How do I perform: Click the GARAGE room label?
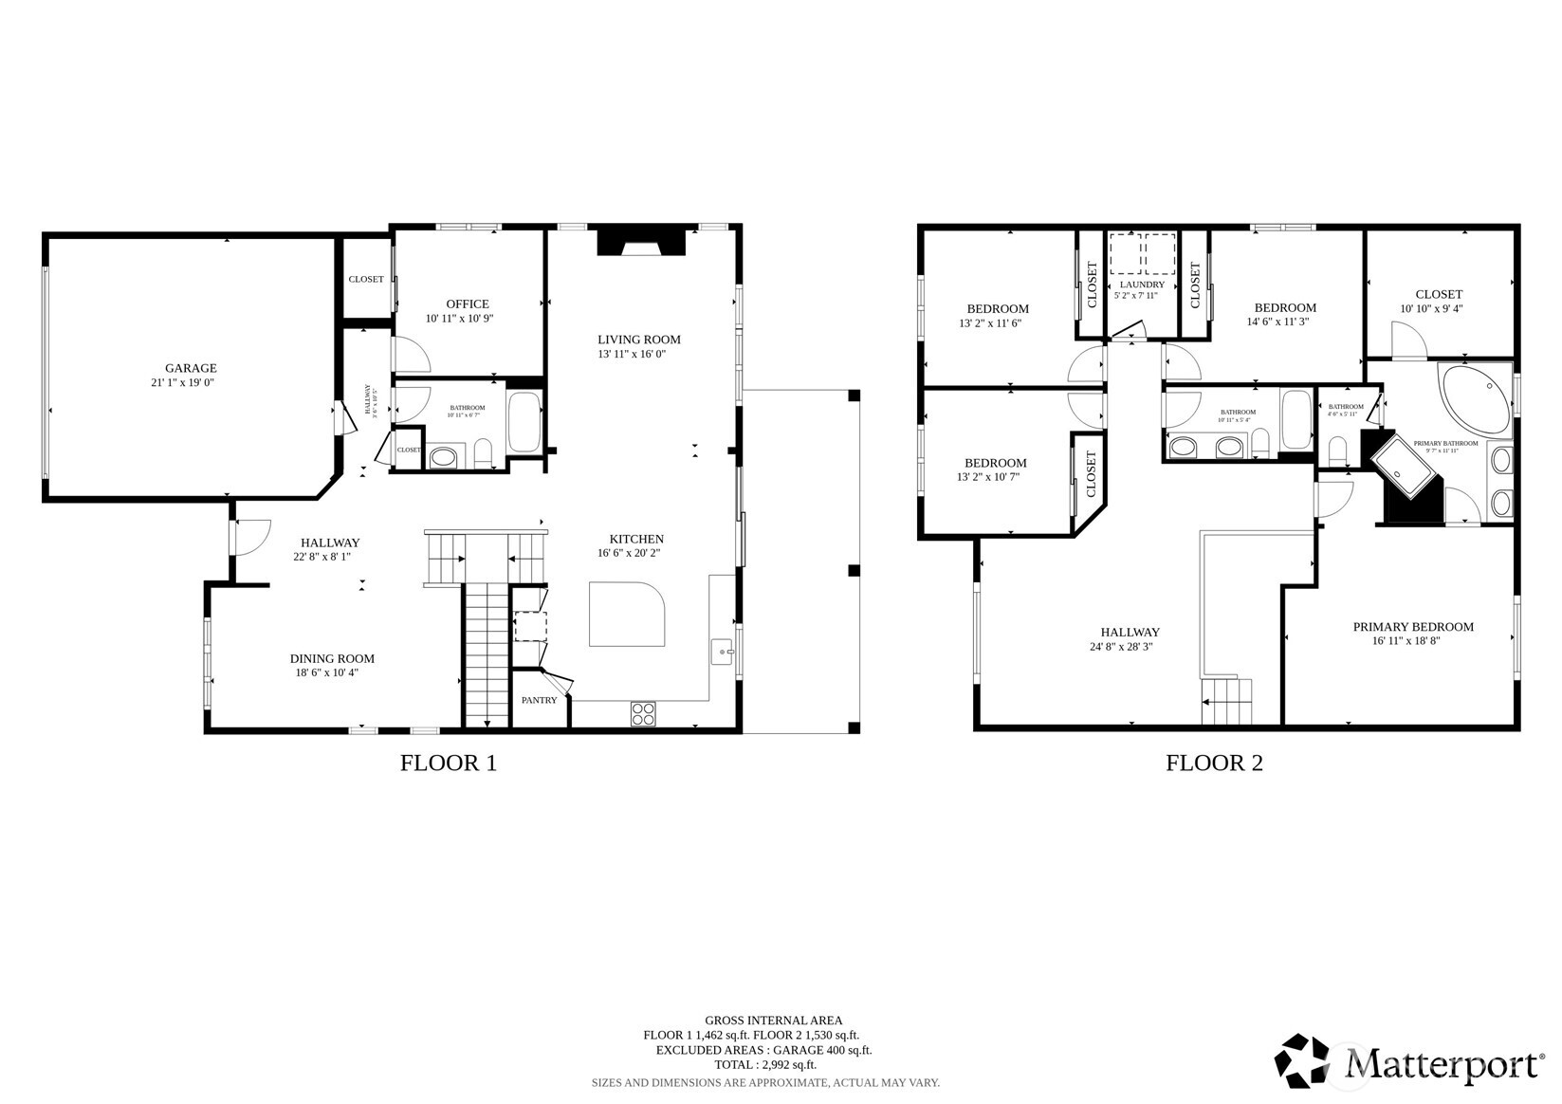point(191,368)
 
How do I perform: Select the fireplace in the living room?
point(641,242)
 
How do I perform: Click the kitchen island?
point(627,615)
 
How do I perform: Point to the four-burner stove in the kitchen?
point(643,713)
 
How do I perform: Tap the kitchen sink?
point(723,653)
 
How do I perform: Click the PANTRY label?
point(539,700)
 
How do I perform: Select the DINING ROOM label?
point(332,658)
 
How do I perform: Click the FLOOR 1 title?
point(448,763)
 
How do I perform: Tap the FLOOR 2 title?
point(1214,763)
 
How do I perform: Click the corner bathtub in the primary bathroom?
point(1475,397)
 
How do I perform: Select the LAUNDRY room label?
point(1142,285)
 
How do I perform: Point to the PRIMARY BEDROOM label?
point(1413,627)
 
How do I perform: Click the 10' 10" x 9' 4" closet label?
point(1439,308)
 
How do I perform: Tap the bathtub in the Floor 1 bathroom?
point(524,422)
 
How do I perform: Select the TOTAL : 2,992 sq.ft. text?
point(764,1064)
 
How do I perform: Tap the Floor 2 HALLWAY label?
point(1130,632)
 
